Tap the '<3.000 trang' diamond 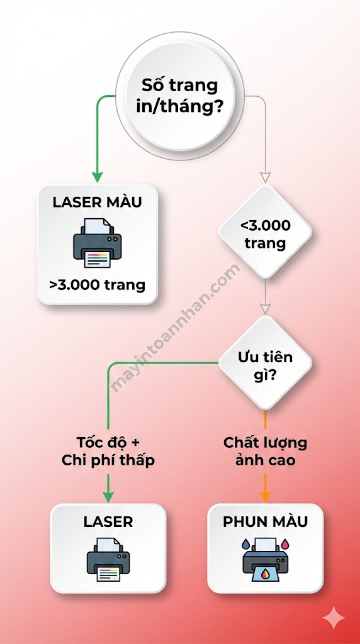tap(265, 233)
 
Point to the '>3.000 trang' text tap(97, 284)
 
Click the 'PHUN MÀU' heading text tap(265, 521)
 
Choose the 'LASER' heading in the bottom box tap(108, 521)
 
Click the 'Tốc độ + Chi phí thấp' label tap(108, 451)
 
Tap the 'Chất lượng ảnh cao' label tap(265, 451)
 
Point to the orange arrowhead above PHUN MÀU tap(266, 496)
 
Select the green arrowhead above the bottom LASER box tap(108, 496)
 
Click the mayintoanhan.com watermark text tap(176, 327)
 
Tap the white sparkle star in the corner tap(333, 618)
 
